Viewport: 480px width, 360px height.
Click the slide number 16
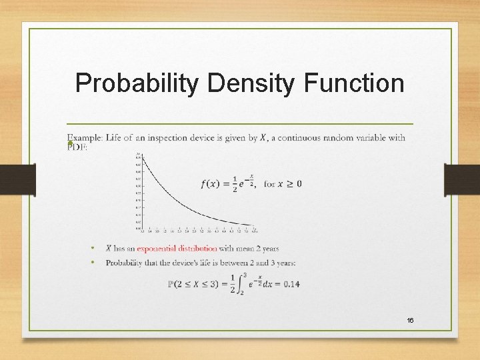[x=410, y=321]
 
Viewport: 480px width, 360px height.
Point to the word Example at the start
[x=84, y=138]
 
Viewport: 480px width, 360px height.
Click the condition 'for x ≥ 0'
[x=283, y=184]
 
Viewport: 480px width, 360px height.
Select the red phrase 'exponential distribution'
[x=177, y=249]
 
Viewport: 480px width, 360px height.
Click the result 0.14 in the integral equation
[x=291, y=284]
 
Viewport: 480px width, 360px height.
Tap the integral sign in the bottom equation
[x=241, y=284]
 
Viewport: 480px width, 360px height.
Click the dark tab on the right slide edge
[x=461, y=180]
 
